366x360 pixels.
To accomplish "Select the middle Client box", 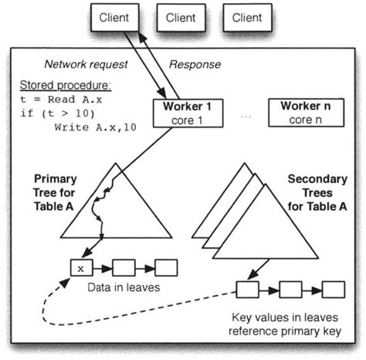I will (181, 17).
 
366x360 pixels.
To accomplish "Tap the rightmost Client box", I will (248, 17).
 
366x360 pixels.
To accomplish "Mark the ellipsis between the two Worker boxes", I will (245, 115).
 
